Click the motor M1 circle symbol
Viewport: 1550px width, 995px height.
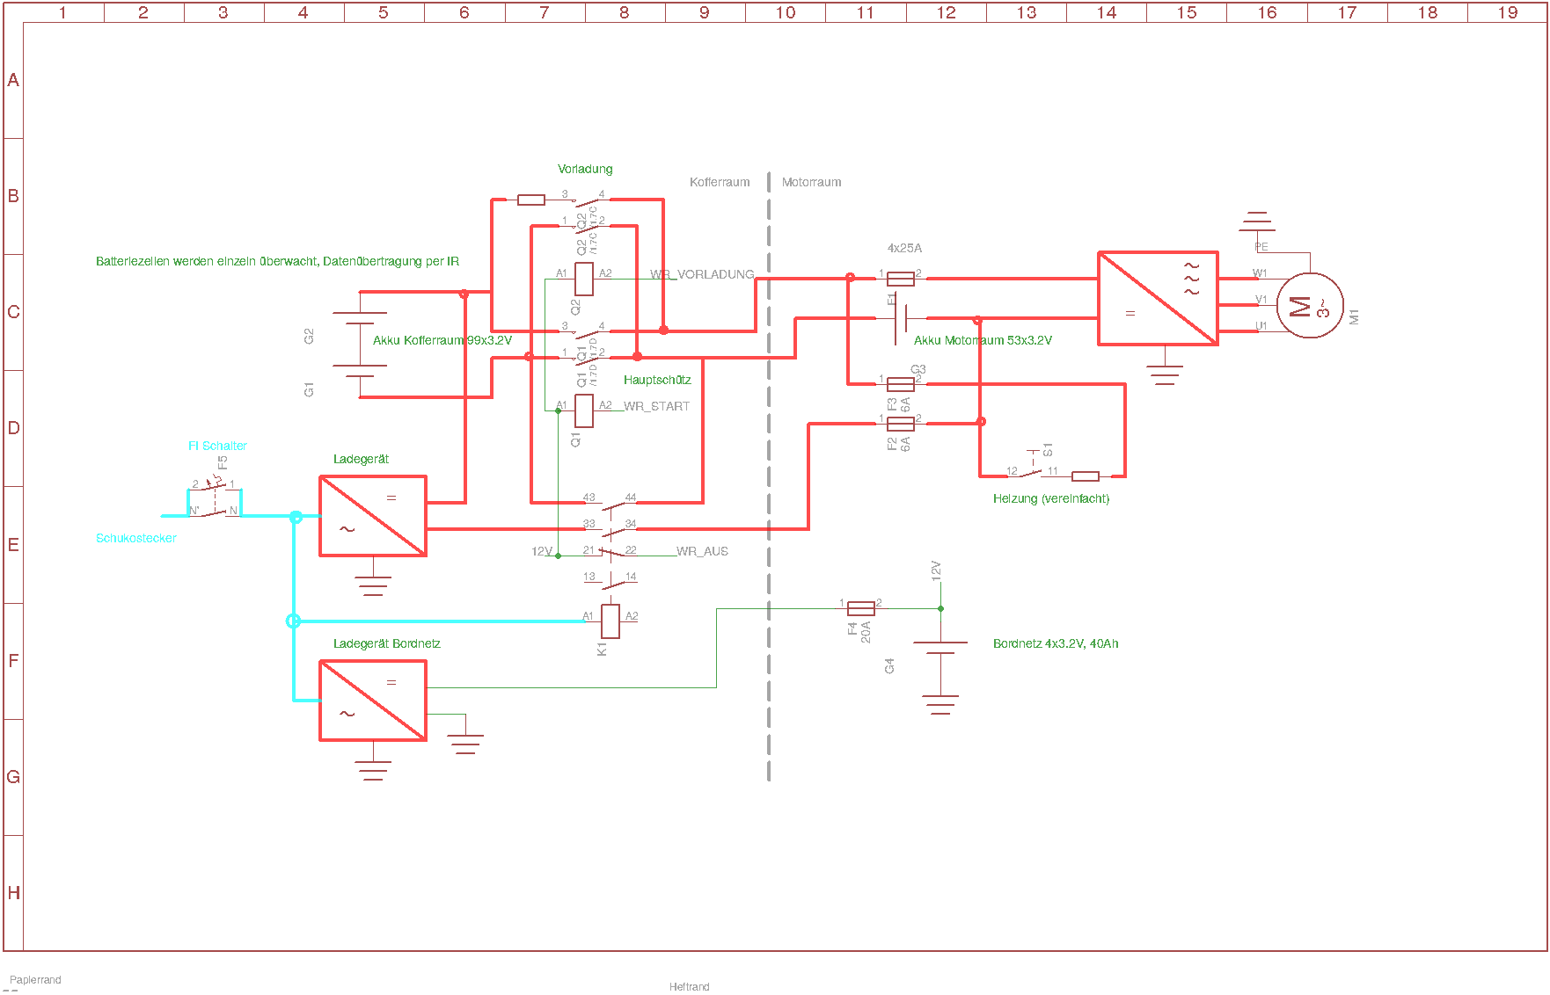click(1309, 306)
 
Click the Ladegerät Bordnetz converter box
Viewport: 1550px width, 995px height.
click(373, 701)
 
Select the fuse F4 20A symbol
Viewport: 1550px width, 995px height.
click(860, 608)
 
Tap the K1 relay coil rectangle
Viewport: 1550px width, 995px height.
click(610, 621)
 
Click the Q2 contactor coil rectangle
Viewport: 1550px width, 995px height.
click(583, 279)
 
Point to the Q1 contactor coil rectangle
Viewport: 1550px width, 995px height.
click(583, 410)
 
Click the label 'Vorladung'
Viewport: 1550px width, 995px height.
click(585, 169)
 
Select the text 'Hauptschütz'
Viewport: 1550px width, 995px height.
click(657, 380)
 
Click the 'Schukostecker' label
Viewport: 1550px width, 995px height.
click(136, 538)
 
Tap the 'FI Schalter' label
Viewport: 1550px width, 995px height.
click(217, 446)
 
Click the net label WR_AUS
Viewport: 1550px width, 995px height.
click(702, 551)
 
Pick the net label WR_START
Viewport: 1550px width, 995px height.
click(656, 406)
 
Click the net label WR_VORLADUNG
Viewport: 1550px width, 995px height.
click(702, 274)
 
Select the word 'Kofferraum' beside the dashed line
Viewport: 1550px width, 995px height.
click(720, 182)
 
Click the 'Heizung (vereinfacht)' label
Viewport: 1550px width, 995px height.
click(1051, 498)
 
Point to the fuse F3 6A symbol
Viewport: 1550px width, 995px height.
click(900, 384)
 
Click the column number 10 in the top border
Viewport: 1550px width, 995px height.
click(786, 12)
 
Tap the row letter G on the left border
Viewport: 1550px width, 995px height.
click(13, 777)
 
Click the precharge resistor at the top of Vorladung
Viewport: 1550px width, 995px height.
click(531, 200)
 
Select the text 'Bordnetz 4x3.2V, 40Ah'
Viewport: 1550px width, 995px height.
click(1056, 643)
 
